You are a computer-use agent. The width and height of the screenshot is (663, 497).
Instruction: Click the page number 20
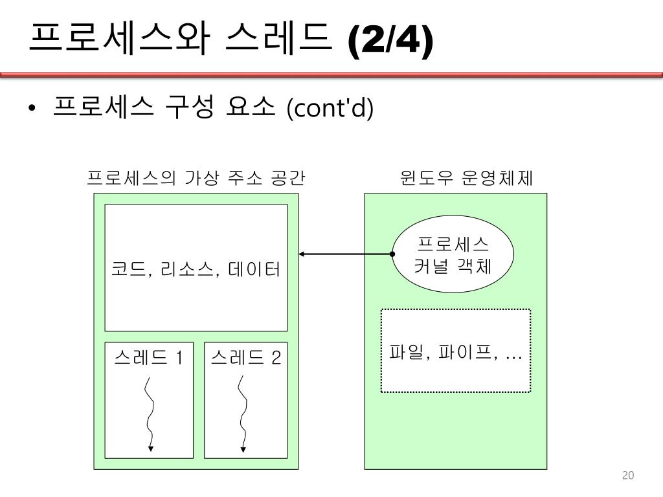(627, 476)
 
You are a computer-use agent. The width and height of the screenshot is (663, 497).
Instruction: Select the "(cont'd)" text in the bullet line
(330, 109)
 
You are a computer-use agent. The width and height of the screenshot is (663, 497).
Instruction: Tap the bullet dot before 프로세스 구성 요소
(32, 109)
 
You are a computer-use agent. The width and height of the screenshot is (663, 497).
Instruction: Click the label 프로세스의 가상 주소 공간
(196, 178)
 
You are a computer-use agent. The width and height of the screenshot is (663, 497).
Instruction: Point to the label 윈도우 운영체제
(466, 178)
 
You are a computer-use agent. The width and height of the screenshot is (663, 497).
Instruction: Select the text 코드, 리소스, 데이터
(196, 269)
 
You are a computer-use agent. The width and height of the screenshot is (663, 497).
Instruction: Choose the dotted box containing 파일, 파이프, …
(455, 351)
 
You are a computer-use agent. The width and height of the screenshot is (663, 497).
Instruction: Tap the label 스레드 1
(148, 357)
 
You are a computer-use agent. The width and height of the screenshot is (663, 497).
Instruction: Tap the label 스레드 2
(246, 357)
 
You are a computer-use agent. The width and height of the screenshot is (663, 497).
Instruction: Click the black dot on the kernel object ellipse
(392, 254)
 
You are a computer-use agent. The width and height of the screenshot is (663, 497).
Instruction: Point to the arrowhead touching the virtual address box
(302, 254)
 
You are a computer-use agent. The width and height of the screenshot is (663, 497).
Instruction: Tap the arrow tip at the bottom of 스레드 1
(150, 448)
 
